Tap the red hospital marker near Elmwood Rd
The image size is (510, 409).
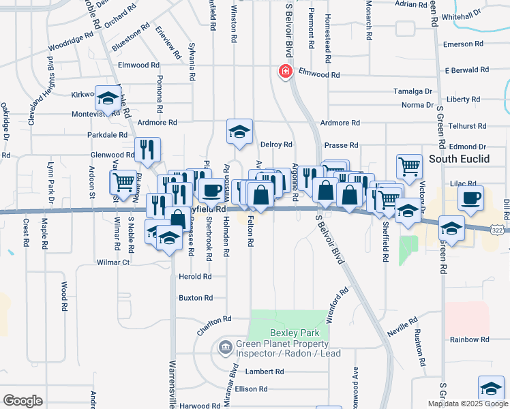[x=284, y=72]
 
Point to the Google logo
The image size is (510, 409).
[x=22, y=400]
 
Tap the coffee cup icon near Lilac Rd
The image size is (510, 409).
[x=470, y=198]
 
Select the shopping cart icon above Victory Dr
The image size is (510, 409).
[x=409, y=166]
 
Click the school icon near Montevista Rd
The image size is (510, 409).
[x=108, y=100]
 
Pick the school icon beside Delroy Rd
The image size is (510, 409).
[x=239, y=132]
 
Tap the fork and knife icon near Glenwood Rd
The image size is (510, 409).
[x=147, y=149]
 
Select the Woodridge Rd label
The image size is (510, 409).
[x=69, y=42]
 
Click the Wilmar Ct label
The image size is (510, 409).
[x=113, y=262]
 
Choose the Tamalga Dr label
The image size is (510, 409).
[x=414, y=91]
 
